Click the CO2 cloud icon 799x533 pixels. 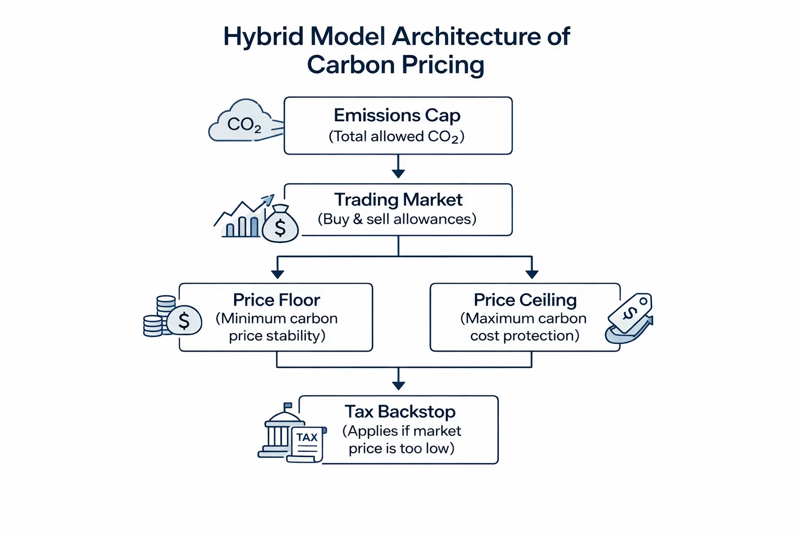point(240,122)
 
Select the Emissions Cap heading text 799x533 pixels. point(397,115)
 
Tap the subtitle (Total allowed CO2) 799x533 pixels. point(396,136)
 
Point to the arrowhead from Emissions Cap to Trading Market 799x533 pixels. point(398,173)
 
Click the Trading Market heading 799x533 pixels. point(398,200)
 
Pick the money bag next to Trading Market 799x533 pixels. point(280,225)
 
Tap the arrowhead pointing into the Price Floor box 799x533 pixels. point(277,274)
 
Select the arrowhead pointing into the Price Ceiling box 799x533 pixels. point(532,274)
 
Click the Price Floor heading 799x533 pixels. point(276,300)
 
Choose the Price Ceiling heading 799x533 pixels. point(525,300)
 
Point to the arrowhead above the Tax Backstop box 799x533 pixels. point(398,385)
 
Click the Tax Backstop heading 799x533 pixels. point(400,412)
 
